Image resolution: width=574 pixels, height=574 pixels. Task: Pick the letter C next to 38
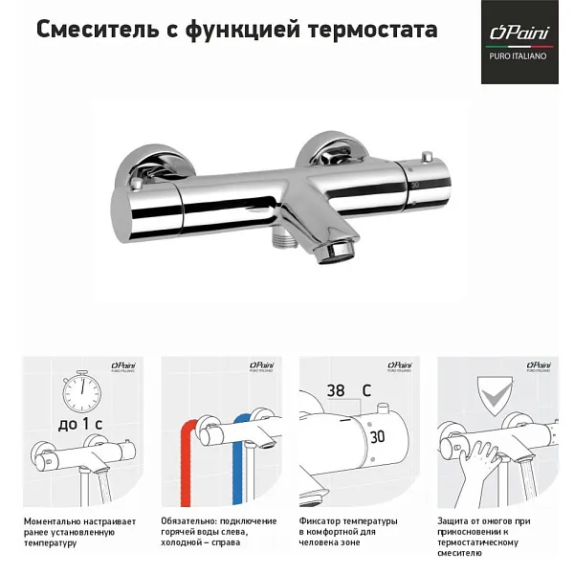[366, 390]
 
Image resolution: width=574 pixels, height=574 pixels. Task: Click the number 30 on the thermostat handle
[379, 434]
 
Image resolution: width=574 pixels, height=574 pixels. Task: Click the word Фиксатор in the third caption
[321, 520]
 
